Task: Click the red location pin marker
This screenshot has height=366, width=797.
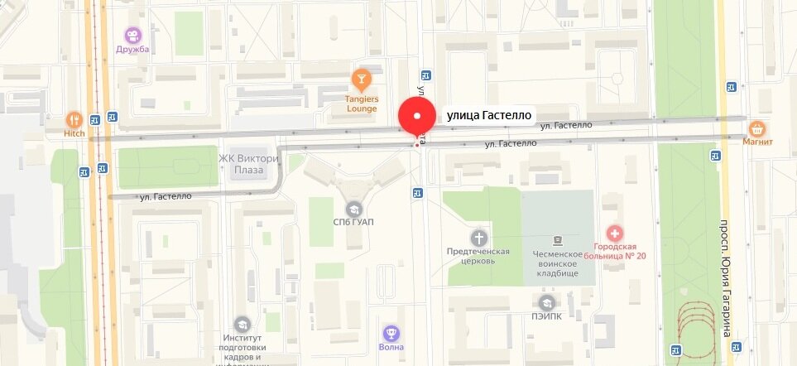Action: [x=417, y=117]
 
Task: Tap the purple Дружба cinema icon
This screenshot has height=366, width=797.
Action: [x=132, y=35]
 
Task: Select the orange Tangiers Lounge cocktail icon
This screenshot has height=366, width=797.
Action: [x=362, y=79]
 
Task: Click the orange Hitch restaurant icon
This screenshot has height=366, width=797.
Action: [x=74, y=119]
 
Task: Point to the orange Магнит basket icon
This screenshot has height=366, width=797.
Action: [x=756, y=128]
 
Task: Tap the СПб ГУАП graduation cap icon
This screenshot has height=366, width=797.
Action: [x=354, y=208]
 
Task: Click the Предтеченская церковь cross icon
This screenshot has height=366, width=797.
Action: [x=479, y=238]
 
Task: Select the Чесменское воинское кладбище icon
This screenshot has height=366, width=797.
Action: [x=559, y=238]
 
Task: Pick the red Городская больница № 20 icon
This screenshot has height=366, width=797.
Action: [x=613, y=234]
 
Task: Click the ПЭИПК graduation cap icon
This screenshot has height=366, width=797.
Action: [x=546, y=304]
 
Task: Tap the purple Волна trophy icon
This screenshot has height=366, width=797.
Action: [x=392, y=332]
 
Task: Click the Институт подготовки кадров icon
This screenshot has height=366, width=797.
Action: [x=242, y=324]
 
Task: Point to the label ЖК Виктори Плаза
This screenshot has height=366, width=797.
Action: [x=247, y=164]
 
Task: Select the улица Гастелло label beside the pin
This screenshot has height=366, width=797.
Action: [x=488, y=115]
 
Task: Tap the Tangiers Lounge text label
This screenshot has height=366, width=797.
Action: [x=362, y=104]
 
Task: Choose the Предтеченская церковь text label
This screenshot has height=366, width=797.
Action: [x=478, y=256]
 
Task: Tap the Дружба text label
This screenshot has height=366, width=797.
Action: [x=132, y=50]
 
